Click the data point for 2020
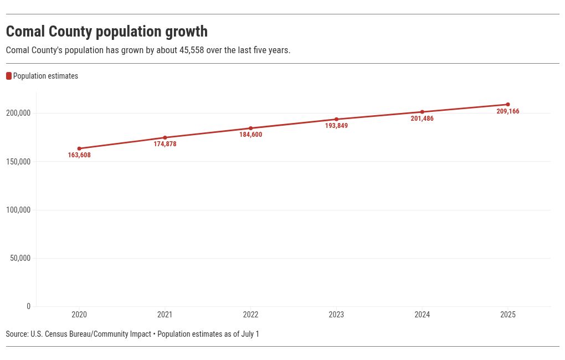[79, 148]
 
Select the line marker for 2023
[336, 119]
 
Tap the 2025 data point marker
[508, 105]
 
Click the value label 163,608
[79, 156]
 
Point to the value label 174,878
[165, 145]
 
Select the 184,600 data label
[250, 135]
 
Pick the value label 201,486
[422, 119]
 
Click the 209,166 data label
[508, 112]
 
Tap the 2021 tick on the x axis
[165, 315]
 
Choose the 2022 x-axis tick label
[250, 315]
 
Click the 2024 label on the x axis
[422, 315]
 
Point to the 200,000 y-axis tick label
[18, 113]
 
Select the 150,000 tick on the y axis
[18, 162]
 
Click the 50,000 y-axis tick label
[20, 259]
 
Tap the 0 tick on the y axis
[29, 307]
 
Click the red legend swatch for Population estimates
[9, 76]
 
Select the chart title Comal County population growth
[107, 32]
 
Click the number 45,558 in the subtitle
[192, 50]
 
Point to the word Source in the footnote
[17, 335]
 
